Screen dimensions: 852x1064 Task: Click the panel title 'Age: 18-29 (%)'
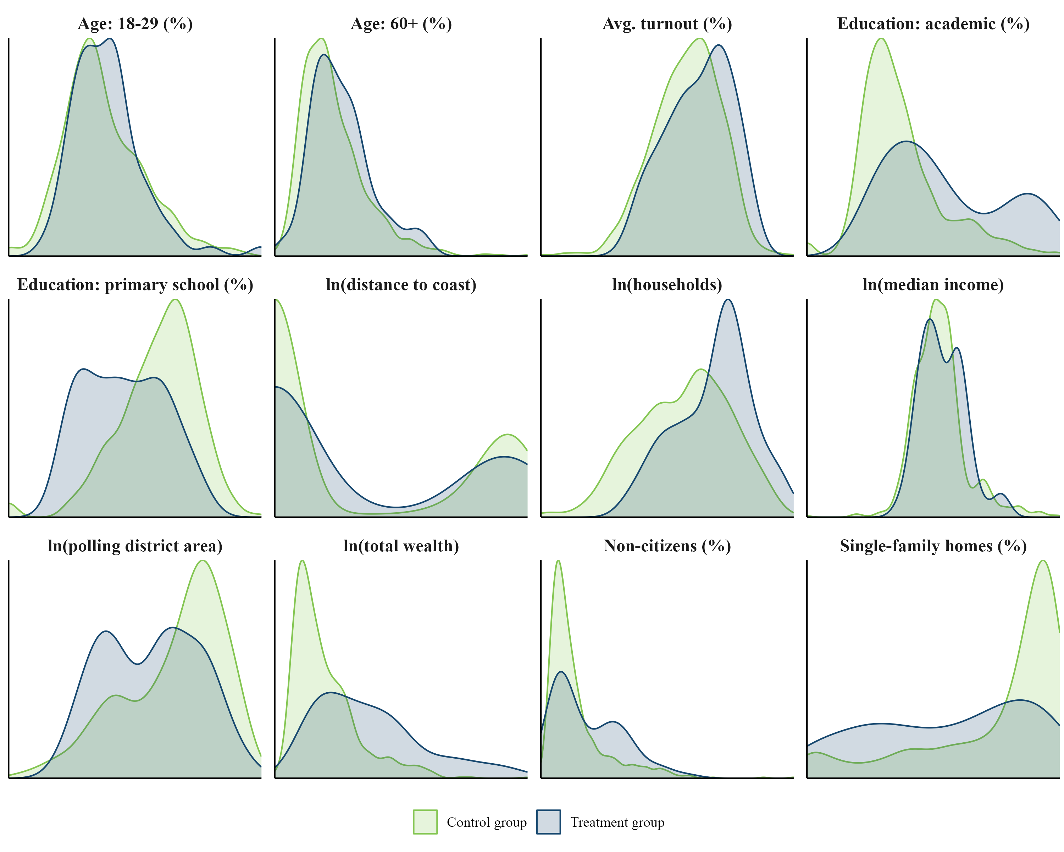coord(135,24)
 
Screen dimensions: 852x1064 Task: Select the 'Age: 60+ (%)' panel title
coord(401,24)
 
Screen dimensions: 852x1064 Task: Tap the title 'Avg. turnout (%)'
coord(667,24)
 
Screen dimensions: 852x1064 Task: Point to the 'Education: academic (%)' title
coord(933,24)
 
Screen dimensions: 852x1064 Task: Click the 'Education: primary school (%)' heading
coord(135,285)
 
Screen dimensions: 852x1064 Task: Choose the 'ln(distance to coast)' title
coord(401,285)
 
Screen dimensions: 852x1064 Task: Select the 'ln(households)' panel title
coord(667,285)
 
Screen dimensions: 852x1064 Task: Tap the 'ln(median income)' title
coord(933,285)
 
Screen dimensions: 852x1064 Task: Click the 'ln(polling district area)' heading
coord(135,546)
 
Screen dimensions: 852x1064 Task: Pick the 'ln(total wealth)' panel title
coord(401,546)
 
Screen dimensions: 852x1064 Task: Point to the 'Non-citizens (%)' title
coord(667,546)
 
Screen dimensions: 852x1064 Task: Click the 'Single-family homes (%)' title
coord(933,546)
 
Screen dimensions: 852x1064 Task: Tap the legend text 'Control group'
coord(487,823)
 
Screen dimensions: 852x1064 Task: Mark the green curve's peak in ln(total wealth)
coord(302,561)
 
